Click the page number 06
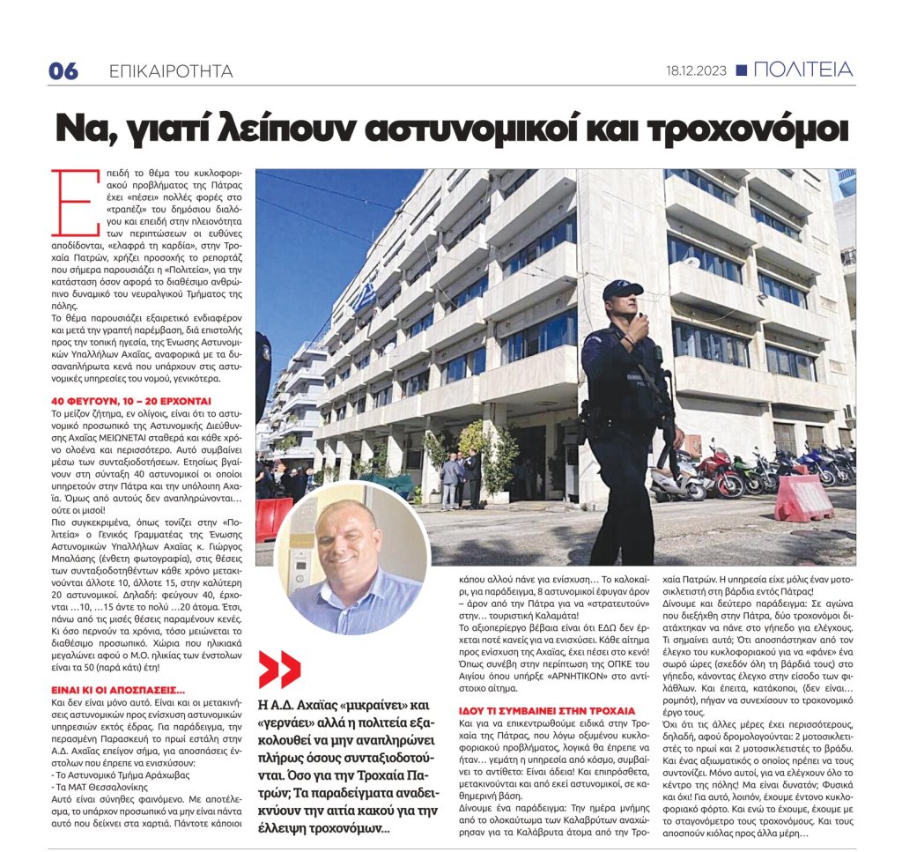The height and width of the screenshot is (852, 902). point(63,71)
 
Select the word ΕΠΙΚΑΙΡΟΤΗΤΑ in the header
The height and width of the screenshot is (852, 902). point(169,71)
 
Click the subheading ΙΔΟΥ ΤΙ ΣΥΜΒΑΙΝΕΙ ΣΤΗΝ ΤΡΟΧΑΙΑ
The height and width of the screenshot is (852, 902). point(547,709)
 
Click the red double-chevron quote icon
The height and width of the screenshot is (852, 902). point(279,668)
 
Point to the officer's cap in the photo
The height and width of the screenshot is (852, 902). point(623,289)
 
